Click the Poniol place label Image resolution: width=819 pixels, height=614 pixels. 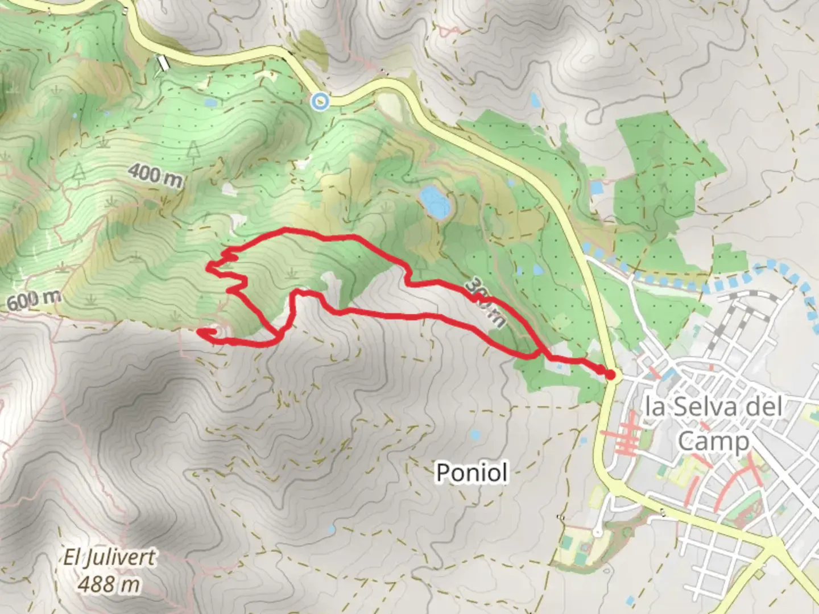(471, 472)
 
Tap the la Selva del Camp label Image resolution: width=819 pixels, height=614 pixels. (714, 424)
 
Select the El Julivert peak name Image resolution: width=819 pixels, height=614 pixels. (109, 557)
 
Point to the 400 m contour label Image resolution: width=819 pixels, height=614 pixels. (155, 175)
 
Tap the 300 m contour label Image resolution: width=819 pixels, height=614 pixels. (483, 302)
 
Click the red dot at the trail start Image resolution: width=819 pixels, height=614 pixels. (610, 375)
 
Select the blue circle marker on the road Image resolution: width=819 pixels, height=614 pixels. (320, 101)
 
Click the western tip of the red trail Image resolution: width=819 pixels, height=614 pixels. (199, 331)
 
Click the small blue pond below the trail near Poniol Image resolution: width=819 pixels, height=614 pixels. (474, 435)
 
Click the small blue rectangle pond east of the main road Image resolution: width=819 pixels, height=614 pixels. (596, 187)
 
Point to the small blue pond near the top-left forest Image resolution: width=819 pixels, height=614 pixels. (210, 103)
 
